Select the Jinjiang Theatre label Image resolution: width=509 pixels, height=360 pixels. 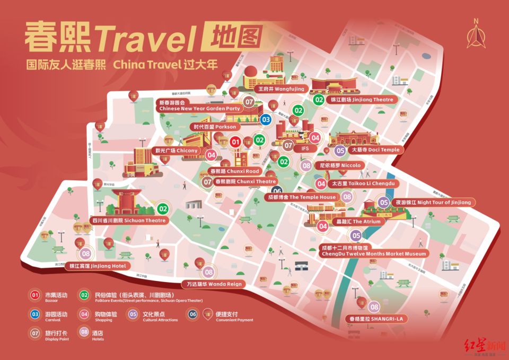(x=362, y=99)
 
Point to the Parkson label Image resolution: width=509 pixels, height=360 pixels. (x=215, y=127)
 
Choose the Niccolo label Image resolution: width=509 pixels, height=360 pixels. (x=339, y=165)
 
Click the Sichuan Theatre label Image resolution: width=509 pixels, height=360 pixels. (x=129, y=220)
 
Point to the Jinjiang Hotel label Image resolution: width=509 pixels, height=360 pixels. (x=97, y=266)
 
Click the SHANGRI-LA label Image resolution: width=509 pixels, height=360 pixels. (x=376, y=319)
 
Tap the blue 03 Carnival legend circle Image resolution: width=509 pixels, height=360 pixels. (x=36, y=314)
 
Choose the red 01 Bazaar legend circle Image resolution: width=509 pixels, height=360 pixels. (x=36, y=295)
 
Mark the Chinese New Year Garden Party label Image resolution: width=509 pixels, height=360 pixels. (x=199, y=108)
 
